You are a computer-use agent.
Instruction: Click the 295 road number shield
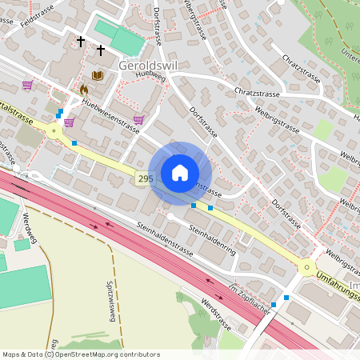click(144, 179)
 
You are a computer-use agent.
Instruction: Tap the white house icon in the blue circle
click(180, 173)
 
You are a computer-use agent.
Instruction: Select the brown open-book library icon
click(98, 76)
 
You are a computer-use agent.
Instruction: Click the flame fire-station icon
click(83, 90)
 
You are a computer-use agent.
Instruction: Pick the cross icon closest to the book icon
click(101, 50)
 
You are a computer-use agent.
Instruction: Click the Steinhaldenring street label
click(212, 238)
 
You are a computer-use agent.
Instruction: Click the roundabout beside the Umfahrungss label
click(306, 267)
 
